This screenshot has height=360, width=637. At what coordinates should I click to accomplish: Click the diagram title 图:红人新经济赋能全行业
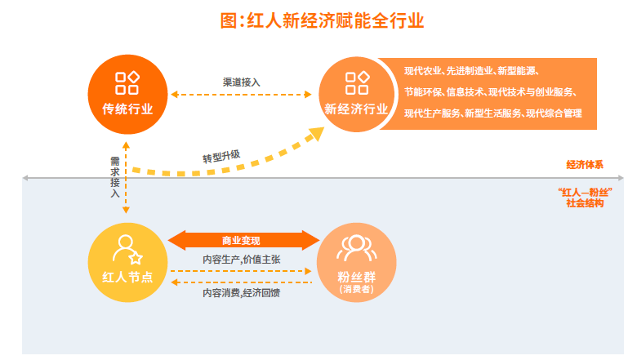click(x=322, y=20)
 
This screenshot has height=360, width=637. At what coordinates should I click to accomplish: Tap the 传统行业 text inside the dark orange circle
click(x=127, y=109)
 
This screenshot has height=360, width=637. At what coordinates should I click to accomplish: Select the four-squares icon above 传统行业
click(x=127, y=82)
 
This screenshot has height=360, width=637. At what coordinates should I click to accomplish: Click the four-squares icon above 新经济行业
click(x=357, y=82)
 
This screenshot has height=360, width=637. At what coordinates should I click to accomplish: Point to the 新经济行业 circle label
click(x=356, y=109)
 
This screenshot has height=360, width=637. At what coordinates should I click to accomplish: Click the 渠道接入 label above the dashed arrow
click(x=241, y=82)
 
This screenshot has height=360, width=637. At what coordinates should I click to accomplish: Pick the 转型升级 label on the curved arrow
click(x=221, y=156)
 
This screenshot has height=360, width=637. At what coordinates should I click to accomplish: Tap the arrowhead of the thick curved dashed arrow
click(x=316, y=133)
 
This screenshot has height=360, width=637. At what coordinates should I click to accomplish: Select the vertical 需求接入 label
click(x=115, y=177)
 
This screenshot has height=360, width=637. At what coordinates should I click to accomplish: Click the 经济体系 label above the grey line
click(x=585, y=165)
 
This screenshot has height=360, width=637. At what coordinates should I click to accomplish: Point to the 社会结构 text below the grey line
click(x=585, y=203)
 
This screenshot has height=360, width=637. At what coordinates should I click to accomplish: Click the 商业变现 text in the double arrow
click(x=241, y=241)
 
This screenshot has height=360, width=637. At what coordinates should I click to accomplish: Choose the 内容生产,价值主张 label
click(x=241, y=260)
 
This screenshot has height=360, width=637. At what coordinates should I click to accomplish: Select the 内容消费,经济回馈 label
click(x=241, y=292)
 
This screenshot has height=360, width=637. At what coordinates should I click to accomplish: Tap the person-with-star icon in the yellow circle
click(x=127, y=250)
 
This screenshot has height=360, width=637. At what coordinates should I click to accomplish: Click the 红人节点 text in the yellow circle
click(x=127, y=278)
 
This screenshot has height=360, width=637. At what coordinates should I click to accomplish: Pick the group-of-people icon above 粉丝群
click(x=357, y=248)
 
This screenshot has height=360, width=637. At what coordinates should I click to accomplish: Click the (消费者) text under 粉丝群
click(x=356, y=289)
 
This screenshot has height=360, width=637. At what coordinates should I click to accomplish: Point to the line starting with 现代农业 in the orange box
click(x=471, y=71)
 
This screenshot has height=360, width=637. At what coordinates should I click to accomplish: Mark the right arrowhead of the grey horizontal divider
click(x=621, y=178)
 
